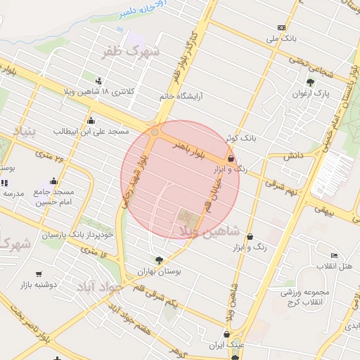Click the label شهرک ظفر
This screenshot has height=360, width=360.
131,51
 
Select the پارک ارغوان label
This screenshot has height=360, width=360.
312,92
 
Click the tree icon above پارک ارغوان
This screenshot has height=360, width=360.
309,82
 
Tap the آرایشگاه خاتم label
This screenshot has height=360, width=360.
181,96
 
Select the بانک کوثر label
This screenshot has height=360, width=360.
238,139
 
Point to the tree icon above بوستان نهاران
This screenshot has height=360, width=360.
167,259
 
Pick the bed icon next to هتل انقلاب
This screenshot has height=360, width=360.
334,255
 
